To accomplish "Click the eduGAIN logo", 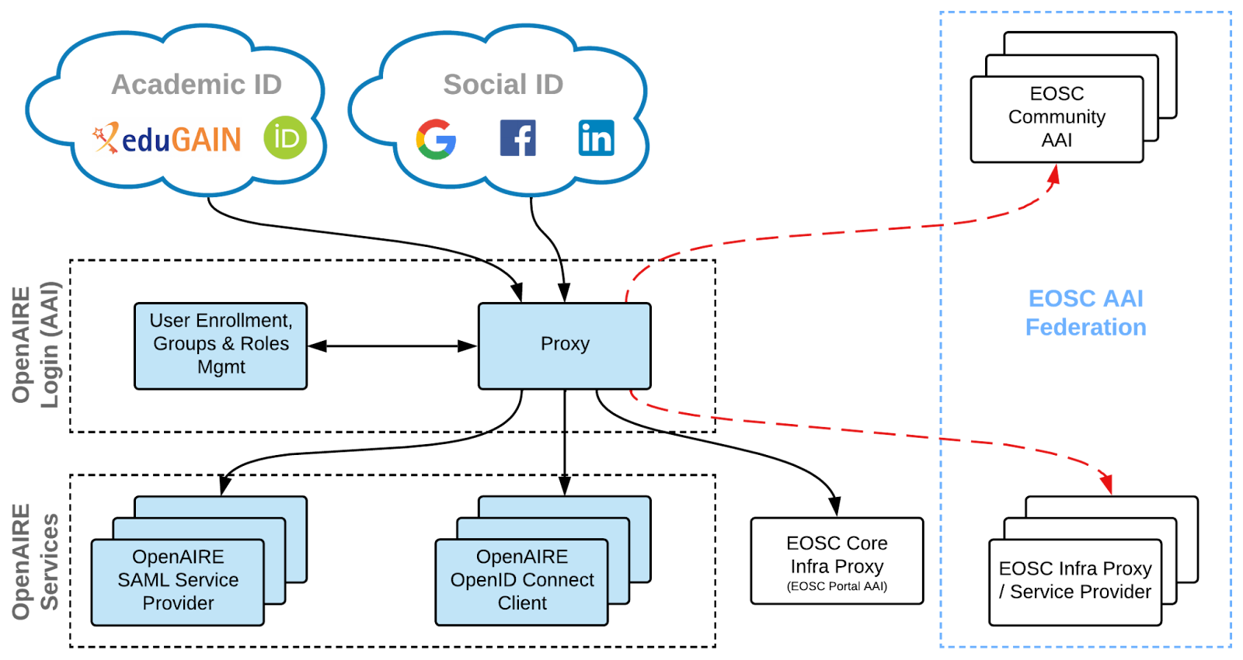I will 167,137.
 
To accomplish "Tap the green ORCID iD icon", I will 285,137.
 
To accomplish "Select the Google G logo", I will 436,139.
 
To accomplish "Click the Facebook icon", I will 518,138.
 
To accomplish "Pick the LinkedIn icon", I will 597,137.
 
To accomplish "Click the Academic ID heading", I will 197,84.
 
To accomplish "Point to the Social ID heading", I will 503,84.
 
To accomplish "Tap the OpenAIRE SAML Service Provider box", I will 178,581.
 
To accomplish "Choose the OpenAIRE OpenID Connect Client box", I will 522,581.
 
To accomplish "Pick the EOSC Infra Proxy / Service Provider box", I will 1075,581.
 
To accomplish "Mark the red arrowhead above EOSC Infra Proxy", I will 1106,482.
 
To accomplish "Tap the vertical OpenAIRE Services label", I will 35,561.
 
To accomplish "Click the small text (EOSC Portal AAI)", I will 837,586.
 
